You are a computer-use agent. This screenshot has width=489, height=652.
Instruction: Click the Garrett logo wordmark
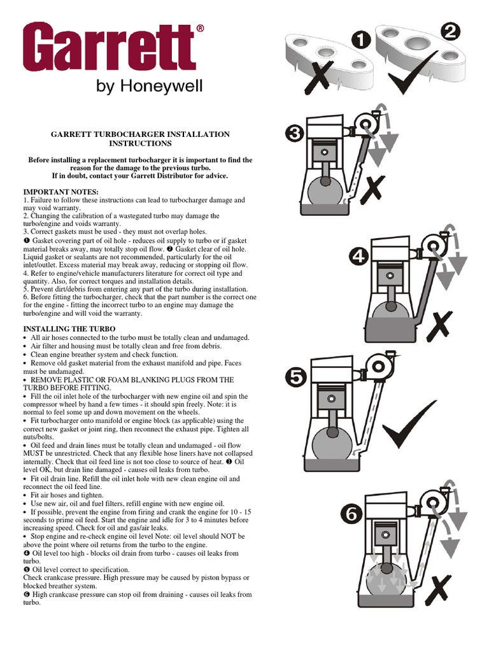click(108, 49)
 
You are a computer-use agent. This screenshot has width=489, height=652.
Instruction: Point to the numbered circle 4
click(358, 256)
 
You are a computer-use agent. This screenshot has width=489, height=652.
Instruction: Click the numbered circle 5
click(295, 376)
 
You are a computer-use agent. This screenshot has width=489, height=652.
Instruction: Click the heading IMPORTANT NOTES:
click(61, 192)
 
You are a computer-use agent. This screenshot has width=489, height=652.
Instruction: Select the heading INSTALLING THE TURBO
click(69, 329)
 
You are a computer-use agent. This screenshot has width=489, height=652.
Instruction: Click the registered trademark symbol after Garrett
click(201, 28)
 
